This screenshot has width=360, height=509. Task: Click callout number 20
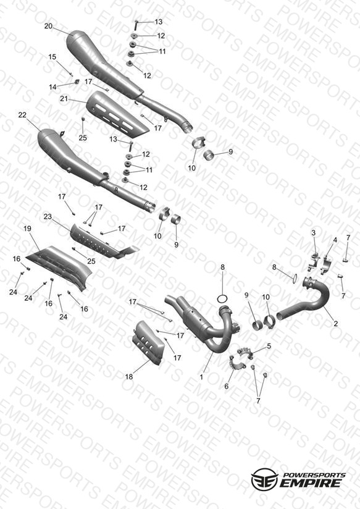pyautogui.click(x=48, y=26)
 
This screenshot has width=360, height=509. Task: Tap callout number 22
pyautogui.click(x=22, y=115)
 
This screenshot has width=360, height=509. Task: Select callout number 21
pyautogui.click(x=64, y=98)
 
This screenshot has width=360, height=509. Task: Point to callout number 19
pyautogui.click(x=27, y=229)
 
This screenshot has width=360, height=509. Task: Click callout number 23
pyautogui.click(x=48, y=216)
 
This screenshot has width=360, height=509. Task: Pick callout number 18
pyautogui.click(x=129, y=377)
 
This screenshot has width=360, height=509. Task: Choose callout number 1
pyautogui.click(x=201, y=377)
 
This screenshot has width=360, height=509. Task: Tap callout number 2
pyautogui.click(x=336, y=323)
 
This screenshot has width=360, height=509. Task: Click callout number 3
pyautogui.click(x=313, y=233)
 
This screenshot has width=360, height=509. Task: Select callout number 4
pyautogui.click(x=335, y=240)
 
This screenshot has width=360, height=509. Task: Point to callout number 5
pyautogui.click(x=269, y=346)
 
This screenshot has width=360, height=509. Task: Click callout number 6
pyautogui.click(x=226, y=386)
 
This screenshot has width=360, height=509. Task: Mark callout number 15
pyautogui.click(x=52, y=57)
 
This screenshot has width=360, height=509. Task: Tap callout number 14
pyautogui.click(x=52, y=87)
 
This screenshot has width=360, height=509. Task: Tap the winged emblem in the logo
pyautogui.click(x=264, y=478)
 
